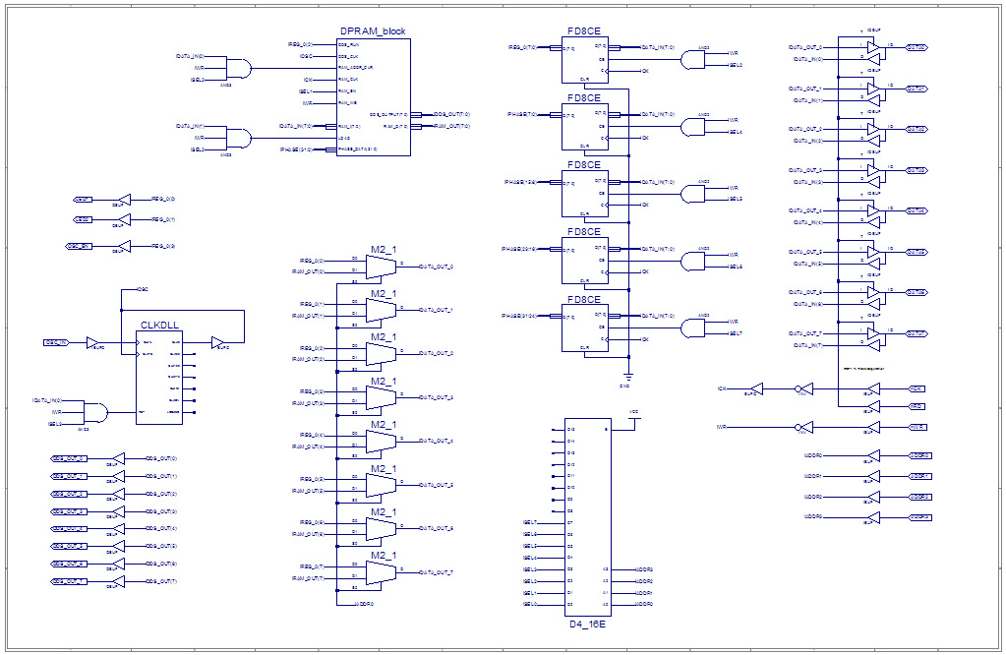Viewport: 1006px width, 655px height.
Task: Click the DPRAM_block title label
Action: coord(372,31)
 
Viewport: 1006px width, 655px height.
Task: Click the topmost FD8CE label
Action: coord(583,31)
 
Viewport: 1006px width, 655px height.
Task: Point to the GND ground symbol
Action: coord(626,378)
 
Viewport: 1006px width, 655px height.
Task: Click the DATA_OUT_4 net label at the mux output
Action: coord(437,441)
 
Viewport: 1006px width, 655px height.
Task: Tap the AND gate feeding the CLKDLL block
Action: coord(94,412)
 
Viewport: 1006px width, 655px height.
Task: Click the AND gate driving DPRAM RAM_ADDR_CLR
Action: coord(237,68)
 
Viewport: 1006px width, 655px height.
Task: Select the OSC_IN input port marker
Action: coord(56,342)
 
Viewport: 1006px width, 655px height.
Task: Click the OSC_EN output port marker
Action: coord(80,245)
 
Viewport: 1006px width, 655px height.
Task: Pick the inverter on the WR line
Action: coord(802,428)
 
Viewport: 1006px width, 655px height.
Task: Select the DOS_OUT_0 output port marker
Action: coord(68,458)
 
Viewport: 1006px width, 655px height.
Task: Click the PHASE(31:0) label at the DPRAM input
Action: coord(296,149)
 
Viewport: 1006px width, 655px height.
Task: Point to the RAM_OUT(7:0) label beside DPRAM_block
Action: coord(451,126)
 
